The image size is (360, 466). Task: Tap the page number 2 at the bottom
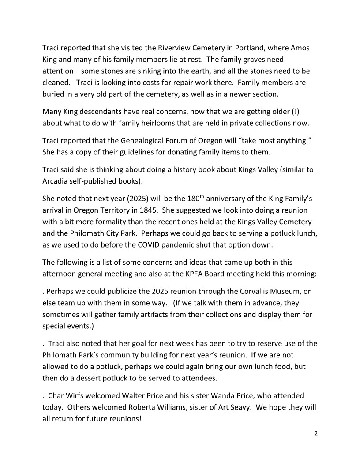click(315, 433)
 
